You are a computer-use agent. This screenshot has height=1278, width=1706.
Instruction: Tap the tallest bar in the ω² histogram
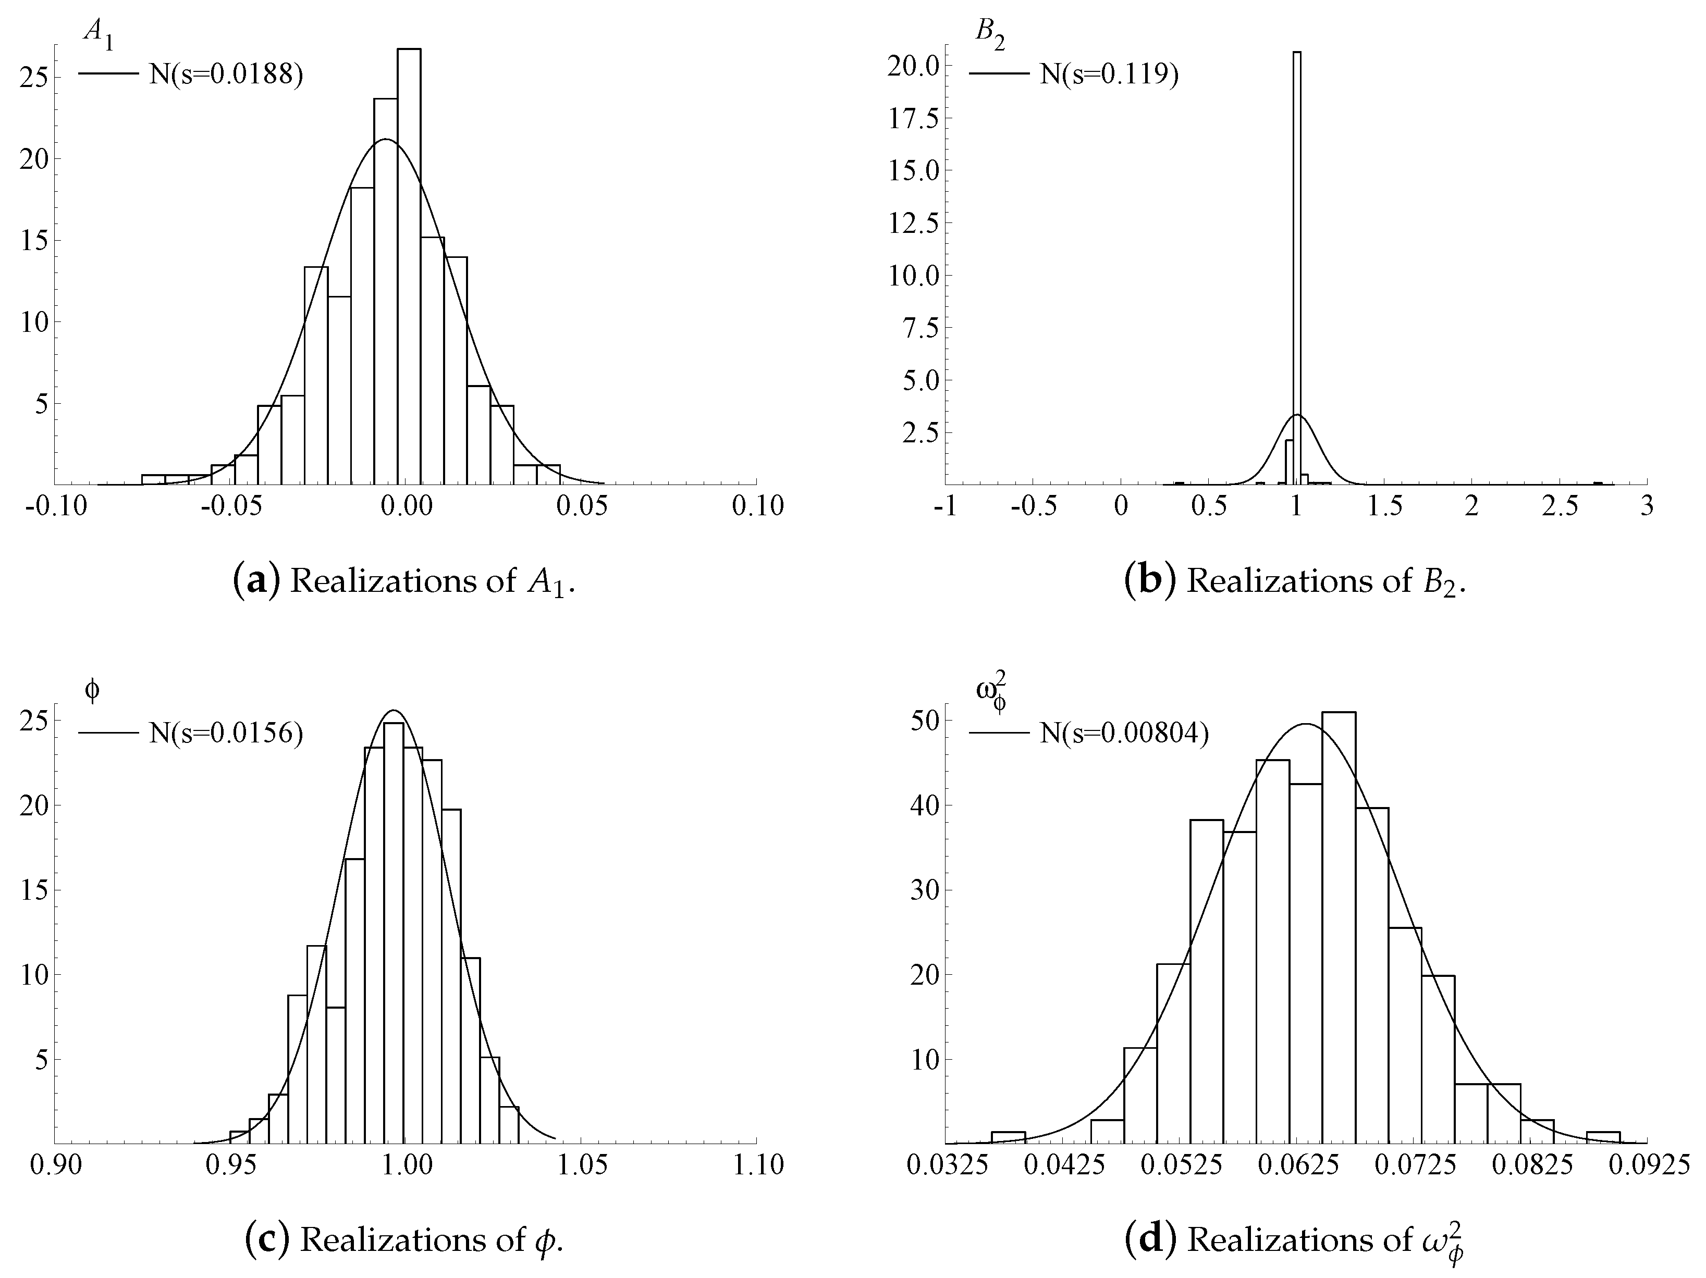click(1338, 925)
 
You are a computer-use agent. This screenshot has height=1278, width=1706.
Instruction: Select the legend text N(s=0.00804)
click(1124, 733)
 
